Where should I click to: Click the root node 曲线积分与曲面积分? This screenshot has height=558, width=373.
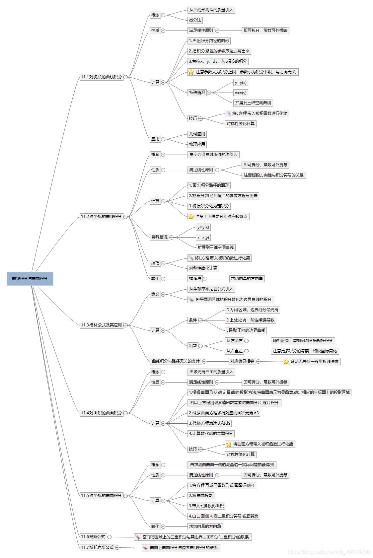pyautogui.click(x=30, y=279)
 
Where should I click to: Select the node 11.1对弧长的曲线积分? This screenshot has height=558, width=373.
pyautogui.click(x=101, y=77)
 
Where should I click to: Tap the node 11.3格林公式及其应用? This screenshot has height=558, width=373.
pyautogui.click(x=101, y=325)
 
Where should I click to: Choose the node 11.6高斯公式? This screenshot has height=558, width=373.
pyautogui.click(x=93, y=537)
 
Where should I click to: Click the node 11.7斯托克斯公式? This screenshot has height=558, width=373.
pyautogui.click(x=97, y=547)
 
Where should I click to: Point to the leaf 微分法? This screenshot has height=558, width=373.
pyautogui.click(x=195, y=20)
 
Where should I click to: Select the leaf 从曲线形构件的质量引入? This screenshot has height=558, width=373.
pyautogui.click(x=211, y=10)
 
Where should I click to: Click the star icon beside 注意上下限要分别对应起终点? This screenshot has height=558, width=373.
pyautogui.click(x=191, y=217)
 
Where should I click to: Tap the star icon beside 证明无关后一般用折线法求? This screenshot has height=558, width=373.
pyautogui.click(x=286, y=362)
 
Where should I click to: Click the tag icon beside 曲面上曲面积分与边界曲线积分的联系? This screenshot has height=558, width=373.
pyautogui.click(x=145, y=548)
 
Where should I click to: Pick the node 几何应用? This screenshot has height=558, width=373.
pyautogui.click(x=197, y=134)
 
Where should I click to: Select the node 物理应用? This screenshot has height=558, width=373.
pyautogui.click(x=197, y=144)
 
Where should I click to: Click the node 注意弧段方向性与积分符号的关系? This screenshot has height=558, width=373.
pyautogui.click(x=273, y=175)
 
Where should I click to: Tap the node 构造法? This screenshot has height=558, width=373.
pyautogui.click(x=195, y=279)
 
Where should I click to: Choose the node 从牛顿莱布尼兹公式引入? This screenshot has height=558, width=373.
pyautogui.click(x=211, y=289)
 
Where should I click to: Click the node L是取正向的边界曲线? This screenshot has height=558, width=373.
pyautogui.click(x=246, y=330)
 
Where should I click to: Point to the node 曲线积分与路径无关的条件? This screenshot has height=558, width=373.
pyautogui.click(x=176, y=361)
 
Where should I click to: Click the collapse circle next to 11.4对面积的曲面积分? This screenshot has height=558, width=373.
pyautogui.click(x=126, y=413)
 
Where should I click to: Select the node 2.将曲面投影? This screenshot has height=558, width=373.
pyautogui.click(x=201, y=496)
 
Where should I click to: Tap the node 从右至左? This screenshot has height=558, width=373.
pyautogui.click(x=235, y=351)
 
